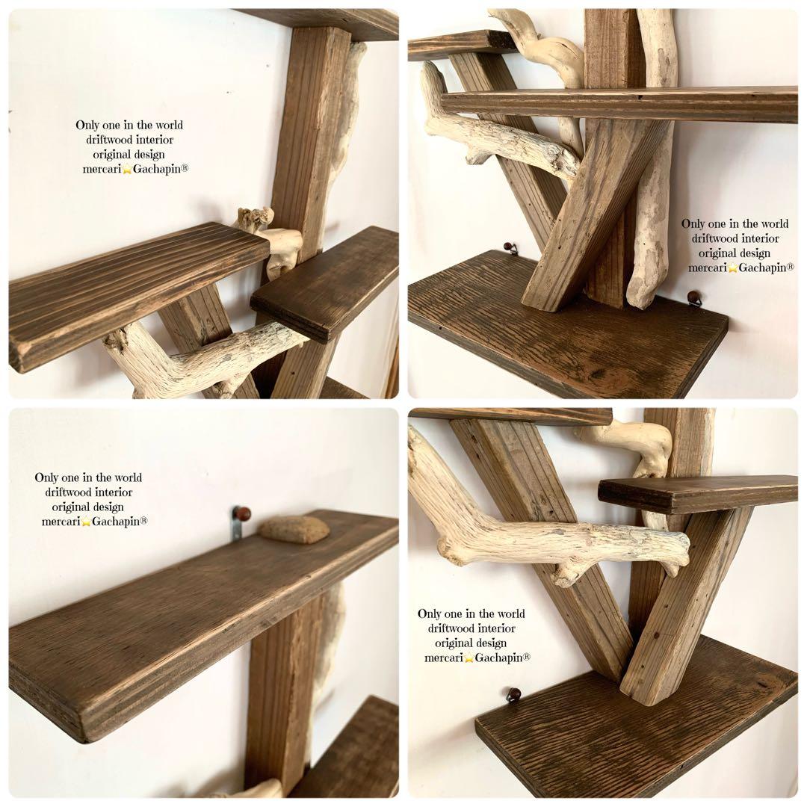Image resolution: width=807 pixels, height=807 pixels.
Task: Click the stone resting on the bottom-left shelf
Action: point(294,528)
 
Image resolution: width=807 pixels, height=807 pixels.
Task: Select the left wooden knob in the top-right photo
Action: point(509,247)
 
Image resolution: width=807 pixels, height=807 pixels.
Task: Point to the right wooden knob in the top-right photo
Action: point(694,297)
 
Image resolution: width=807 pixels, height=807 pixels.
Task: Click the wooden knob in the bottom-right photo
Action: point(513,694)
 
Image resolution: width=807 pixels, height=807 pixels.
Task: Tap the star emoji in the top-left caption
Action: point(127,170)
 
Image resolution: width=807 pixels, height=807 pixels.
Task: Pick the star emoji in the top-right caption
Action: point(733,268)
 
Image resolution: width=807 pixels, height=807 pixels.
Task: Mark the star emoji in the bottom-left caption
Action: point(86,522)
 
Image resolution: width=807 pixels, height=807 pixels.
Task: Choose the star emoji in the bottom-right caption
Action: point(469,658)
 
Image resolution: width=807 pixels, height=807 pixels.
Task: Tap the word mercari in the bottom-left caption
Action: point(61,522)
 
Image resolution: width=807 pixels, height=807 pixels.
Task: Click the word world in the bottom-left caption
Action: point(129,477)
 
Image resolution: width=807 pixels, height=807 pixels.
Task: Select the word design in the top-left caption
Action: point(149,155)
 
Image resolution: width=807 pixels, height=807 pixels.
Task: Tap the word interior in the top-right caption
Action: point(759,238)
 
